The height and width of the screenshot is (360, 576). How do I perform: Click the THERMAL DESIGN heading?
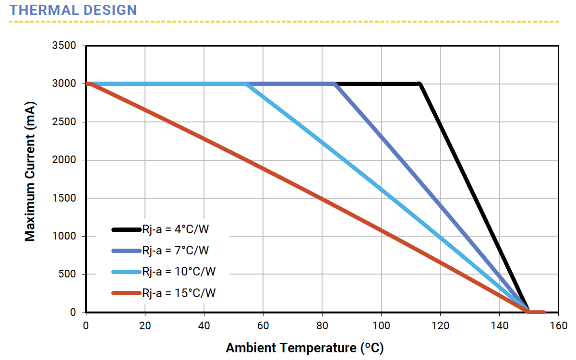tap(73, 10)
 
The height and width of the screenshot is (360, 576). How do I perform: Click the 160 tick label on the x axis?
tap(559, 326)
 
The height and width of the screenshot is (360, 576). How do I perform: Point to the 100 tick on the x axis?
tap(381, 326)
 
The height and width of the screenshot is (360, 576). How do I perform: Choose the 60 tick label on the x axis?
tap(263, 326)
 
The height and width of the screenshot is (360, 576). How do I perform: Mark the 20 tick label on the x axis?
tap(145, 326)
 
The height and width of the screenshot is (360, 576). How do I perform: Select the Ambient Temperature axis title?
tap(304, 348)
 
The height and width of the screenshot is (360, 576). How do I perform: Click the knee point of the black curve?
tap(420, 84)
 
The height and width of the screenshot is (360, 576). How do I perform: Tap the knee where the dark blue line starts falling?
tap(336, 84)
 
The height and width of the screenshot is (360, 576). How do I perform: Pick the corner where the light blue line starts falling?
tap(247, 84)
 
